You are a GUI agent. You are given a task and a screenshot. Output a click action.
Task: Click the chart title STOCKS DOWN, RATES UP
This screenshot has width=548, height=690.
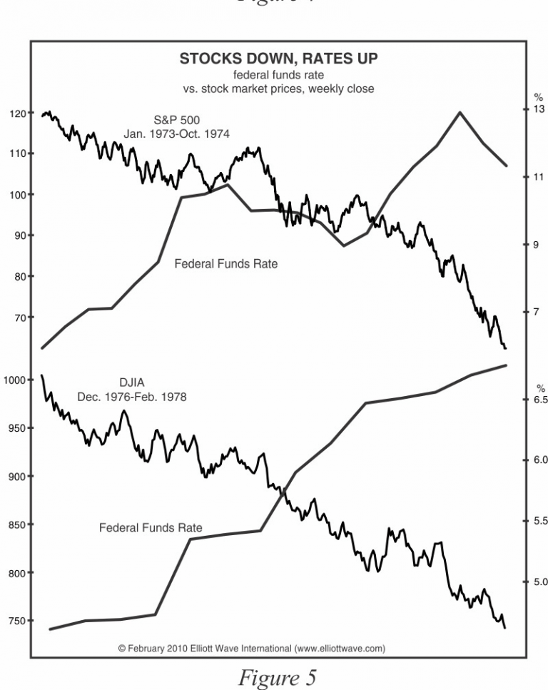(x=278, y=59)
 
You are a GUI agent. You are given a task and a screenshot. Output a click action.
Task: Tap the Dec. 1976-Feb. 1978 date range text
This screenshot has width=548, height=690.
(x=131, y=397)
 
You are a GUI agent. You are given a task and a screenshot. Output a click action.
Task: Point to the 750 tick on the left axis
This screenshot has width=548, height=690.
(x=16, y=621)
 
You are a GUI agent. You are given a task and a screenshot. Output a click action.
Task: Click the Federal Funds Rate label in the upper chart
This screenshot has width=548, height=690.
(x=225, y=264)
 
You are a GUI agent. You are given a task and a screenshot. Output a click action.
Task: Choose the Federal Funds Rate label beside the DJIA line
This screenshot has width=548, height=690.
(x=150, y=529)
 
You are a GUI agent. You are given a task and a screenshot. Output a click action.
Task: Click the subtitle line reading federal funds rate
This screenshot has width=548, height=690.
(x=278, y=76)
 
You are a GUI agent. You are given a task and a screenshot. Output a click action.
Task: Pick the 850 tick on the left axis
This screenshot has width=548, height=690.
(x=16, y=525)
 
